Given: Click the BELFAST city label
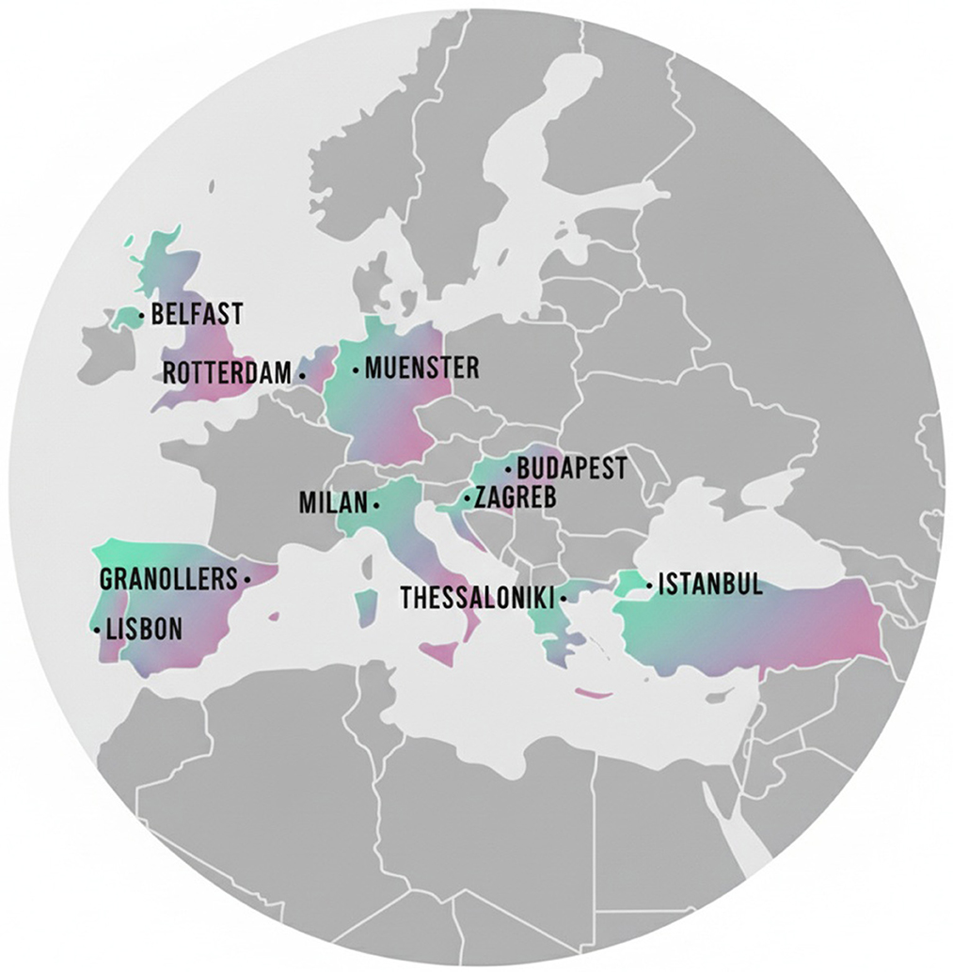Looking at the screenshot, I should pos(197,314).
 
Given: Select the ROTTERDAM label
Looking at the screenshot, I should pos(227,373).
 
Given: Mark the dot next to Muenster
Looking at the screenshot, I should pos(356,370).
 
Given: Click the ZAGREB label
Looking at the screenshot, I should pos(516,497).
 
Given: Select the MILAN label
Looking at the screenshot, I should pos(332,503).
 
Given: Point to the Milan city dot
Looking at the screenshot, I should pos(376,505).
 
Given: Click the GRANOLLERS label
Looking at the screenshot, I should pos(168,579).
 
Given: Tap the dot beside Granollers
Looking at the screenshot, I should pos(246,580).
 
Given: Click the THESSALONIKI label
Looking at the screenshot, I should pos(477,598).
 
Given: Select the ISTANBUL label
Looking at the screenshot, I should pos(709,585).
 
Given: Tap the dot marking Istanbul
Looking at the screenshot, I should pos(649,586).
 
